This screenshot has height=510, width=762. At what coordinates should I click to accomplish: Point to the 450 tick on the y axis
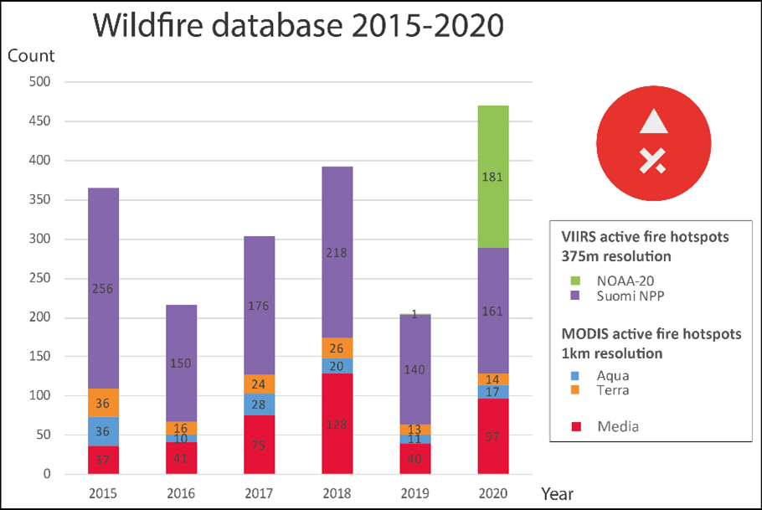point(39,121)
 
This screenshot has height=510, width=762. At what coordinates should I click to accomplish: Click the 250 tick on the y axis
point(39,278)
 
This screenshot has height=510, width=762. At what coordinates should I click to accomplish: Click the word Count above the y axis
point(31,56)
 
